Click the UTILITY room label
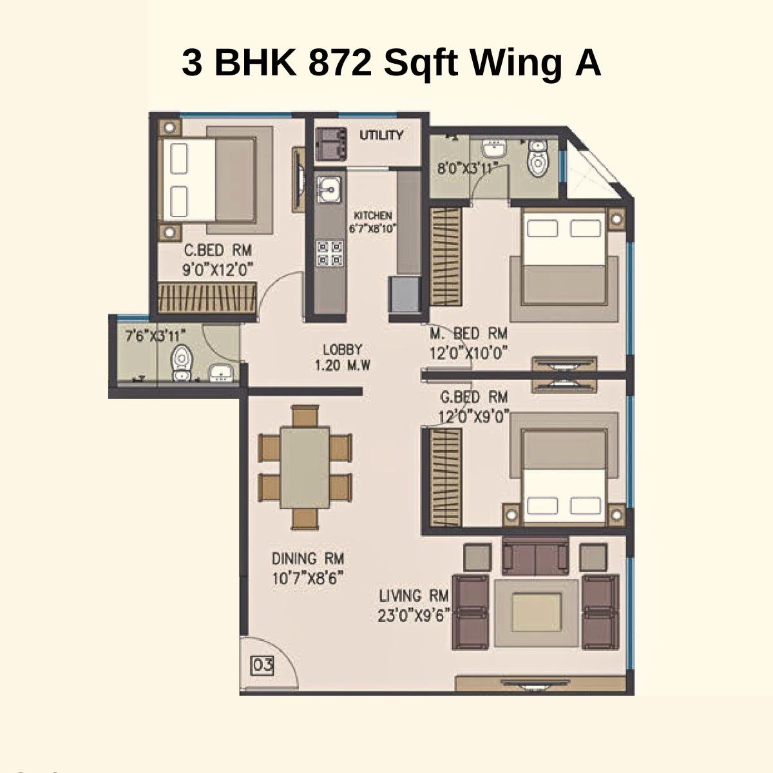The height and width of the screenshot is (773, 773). tap(381, 135)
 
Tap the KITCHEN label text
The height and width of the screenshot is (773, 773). tap(372, 216)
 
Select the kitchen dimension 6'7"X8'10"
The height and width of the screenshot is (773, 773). tap(372, 228)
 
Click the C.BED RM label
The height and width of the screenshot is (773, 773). tap(218, 250)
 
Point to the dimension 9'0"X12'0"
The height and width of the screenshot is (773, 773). tap(218, 269)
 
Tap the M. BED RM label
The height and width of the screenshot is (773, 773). tap(468, 334)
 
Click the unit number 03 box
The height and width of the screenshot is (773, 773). tap(262, 665)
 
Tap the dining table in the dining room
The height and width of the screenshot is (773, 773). tap(305, 467)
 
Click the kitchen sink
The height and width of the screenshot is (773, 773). tap(329, 189)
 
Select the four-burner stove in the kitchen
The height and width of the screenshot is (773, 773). tap(329, 253)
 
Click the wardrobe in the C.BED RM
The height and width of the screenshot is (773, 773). tap(209, 298)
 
